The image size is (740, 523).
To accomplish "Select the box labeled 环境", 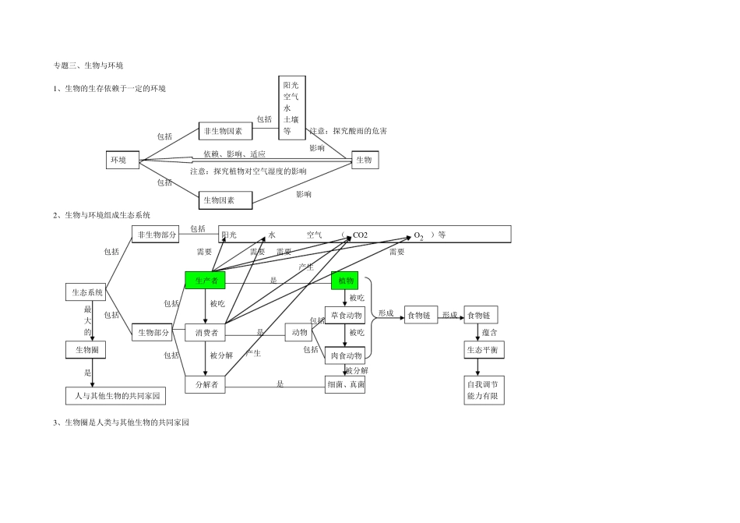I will [122, 161].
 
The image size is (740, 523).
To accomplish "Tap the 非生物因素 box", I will [225, 131].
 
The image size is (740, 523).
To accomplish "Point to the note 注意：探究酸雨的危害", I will [347, 131].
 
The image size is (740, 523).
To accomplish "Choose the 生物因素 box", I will [225, 200].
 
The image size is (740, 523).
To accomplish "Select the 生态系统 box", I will [85, 293].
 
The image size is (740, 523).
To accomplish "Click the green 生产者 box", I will [206, 281].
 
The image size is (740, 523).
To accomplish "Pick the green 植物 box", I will [344, 281].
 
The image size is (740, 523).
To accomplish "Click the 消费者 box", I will [206, 333].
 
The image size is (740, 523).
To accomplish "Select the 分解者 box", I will [206, 384].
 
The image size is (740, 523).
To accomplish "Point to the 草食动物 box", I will [344, 315].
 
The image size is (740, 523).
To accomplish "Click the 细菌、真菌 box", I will [345, 384].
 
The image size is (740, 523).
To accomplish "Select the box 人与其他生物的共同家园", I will [116, 396].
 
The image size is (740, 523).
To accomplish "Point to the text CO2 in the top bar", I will [360, 235].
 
